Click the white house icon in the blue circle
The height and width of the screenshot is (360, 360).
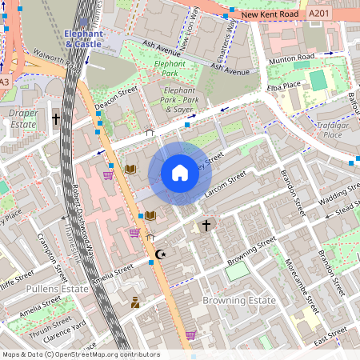coord(179,173)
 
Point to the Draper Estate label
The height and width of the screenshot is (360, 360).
coord(23,119)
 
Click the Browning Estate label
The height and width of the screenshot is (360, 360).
coord(238,300)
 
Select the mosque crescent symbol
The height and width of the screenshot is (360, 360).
coord(160,254)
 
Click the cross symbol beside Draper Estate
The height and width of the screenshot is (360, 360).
coord(56,119)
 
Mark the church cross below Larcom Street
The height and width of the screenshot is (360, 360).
coord(206,226)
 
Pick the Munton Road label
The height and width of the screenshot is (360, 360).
coord(292,58)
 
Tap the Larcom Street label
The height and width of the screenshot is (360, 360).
coord(226,185)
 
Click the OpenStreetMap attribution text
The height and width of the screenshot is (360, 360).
coord(80,354)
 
